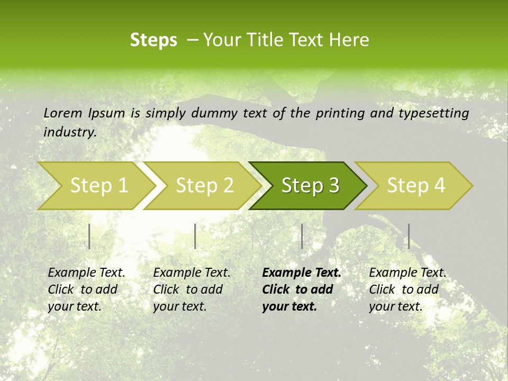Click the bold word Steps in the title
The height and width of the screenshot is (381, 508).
(153, 40)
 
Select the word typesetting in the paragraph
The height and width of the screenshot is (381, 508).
(433, 113)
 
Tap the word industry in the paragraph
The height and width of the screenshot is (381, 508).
(69, 132)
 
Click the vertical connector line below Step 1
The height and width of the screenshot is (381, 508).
(89, 236)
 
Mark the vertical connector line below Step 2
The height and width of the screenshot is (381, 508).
(195, 236)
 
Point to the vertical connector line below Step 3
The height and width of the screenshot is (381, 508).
(302, 236)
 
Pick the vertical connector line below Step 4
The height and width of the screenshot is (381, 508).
(409, 236)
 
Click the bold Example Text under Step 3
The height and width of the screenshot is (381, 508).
(302, 273)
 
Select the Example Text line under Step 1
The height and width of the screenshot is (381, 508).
(86, 273)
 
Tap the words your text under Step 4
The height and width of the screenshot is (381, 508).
(395, 307)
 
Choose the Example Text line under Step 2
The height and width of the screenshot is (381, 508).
(192, 273)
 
